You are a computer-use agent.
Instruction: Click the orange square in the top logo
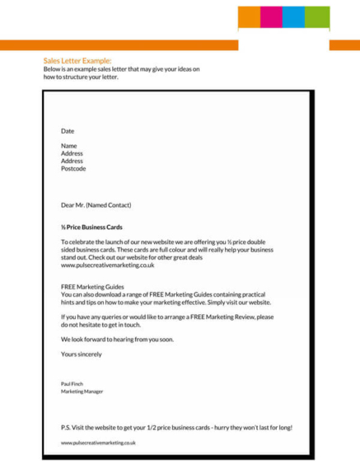click(x=250, y=17)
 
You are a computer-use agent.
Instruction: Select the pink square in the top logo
click(x=272, y=17)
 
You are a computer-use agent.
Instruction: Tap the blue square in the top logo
click(x=294, y=17)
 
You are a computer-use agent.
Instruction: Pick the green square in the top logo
click(x=317, y=17)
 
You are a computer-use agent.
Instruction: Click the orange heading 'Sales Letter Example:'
click(x=77, y=60)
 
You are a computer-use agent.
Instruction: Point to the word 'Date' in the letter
click(x=68, y=131)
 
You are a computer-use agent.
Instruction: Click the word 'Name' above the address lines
click(x=68, y=146)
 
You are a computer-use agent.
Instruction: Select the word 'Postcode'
click(x=73, y=168)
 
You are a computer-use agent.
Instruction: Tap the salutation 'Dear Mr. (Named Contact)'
click(x=96, y=205)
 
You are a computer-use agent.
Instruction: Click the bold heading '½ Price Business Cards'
click(x=91, y=227)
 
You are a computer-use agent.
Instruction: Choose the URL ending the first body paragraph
click(x=107, y=265)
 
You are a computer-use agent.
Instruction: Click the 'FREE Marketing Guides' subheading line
click(x=92, y=287)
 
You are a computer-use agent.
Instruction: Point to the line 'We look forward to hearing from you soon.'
click(x=117, y=339)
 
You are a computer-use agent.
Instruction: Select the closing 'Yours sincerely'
click(x=82, y=354)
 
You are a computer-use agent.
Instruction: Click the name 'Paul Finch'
click(x=72, y=384)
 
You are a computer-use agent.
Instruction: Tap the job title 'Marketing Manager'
click(x=82, y=392)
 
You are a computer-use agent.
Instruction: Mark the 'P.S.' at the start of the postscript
click(x=66, y=428)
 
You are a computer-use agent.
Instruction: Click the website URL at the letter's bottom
click(x=98, y=443)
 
